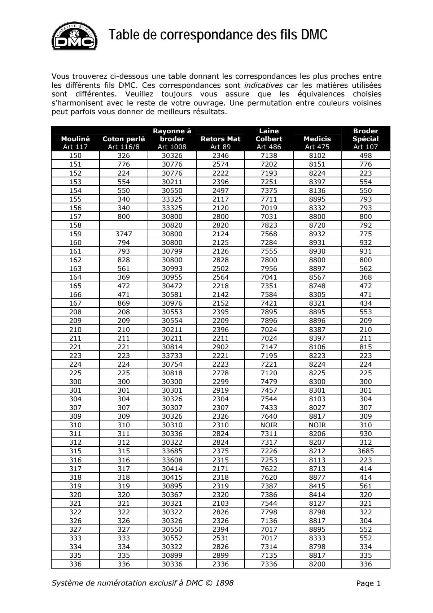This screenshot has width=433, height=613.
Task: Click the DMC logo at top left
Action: [x=75, y=35]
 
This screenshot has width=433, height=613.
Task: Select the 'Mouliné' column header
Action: [x=75, y=139]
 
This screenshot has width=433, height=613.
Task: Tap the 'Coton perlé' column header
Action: [x=124, y=139]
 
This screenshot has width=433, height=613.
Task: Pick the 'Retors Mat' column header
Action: [x=220, y=139]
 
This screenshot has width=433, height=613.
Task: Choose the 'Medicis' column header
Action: [x=317, y=139]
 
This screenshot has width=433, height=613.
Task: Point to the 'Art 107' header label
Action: [x=366, y=147]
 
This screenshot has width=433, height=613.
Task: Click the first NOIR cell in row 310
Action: [x=269, y=425]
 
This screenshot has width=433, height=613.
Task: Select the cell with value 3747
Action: [x=124, y=234]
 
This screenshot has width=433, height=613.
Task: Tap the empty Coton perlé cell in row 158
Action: [x=124, y=225]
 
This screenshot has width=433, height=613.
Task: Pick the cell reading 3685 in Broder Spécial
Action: [x=366, y=451]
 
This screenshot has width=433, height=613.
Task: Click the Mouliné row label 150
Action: [x=75, y=156]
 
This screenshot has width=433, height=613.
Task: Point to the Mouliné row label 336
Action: [x=75, y=564]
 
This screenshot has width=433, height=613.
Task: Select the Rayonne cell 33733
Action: [x=172, y=355]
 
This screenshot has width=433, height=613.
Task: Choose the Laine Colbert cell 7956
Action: [x=269, y=268]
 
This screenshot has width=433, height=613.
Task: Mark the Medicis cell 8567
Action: [x=317, y=277]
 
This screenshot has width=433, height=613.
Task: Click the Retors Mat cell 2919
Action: [x=220, y=390]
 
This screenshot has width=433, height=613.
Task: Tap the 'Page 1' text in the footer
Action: [x=368, y=583]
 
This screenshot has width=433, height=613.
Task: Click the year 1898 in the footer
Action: [x=224, y=583]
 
